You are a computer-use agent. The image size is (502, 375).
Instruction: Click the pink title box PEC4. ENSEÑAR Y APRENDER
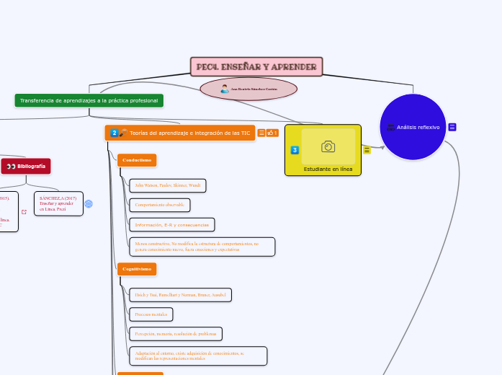[x=256, y=67]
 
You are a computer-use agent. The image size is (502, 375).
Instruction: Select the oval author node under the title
[x=248, y=89]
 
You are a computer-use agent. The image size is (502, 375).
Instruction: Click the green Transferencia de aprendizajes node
[x=89, y=100]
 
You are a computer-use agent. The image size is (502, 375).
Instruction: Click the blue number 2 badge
[x=114, y=133]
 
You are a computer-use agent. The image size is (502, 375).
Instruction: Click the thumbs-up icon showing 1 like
[x=272, y=133]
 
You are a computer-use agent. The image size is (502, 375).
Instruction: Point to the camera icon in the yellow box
[x=328, y=146]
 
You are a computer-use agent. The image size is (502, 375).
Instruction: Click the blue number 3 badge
[x=295, y=150]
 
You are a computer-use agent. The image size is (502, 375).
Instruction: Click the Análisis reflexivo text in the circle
[x=418, y=127]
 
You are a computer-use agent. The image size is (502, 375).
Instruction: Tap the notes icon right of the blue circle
[x=452, y=127]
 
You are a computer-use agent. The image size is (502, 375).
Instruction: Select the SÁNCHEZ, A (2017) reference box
[x=58, y=203]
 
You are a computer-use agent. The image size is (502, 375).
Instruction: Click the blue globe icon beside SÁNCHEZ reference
[x=89, y=204]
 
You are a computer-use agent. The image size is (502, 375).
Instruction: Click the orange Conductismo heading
[x=137, y=159]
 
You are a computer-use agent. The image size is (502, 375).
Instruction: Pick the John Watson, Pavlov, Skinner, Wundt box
[x=167, y=185]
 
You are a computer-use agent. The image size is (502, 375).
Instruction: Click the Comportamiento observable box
[x=159, y=205]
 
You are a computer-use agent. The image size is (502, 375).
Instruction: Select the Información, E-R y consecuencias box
[x=171, y=225]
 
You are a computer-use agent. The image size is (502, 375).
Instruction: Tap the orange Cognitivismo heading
[x=137, y=269]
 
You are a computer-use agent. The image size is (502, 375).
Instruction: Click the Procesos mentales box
[x=151, y=314]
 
